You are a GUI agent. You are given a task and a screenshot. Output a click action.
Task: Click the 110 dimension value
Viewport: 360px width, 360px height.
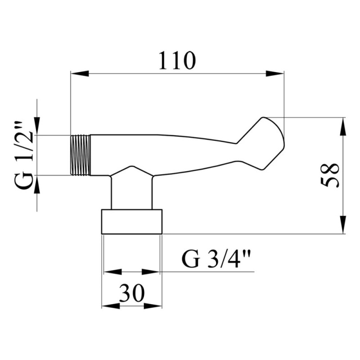177,60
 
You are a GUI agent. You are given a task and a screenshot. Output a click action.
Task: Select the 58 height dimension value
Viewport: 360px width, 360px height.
330,175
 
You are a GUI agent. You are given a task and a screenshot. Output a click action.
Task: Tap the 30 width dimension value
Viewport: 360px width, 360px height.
132,293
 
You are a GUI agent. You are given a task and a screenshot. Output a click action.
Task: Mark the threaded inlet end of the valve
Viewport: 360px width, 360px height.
80,155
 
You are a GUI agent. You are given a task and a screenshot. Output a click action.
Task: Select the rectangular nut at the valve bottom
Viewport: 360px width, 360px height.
132,221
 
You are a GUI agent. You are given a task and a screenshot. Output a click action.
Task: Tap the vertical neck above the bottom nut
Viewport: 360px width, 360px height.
131,193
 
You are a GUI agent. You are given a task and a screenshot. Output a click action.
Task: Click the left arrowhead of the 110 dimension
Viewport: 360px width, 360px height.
80,74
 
